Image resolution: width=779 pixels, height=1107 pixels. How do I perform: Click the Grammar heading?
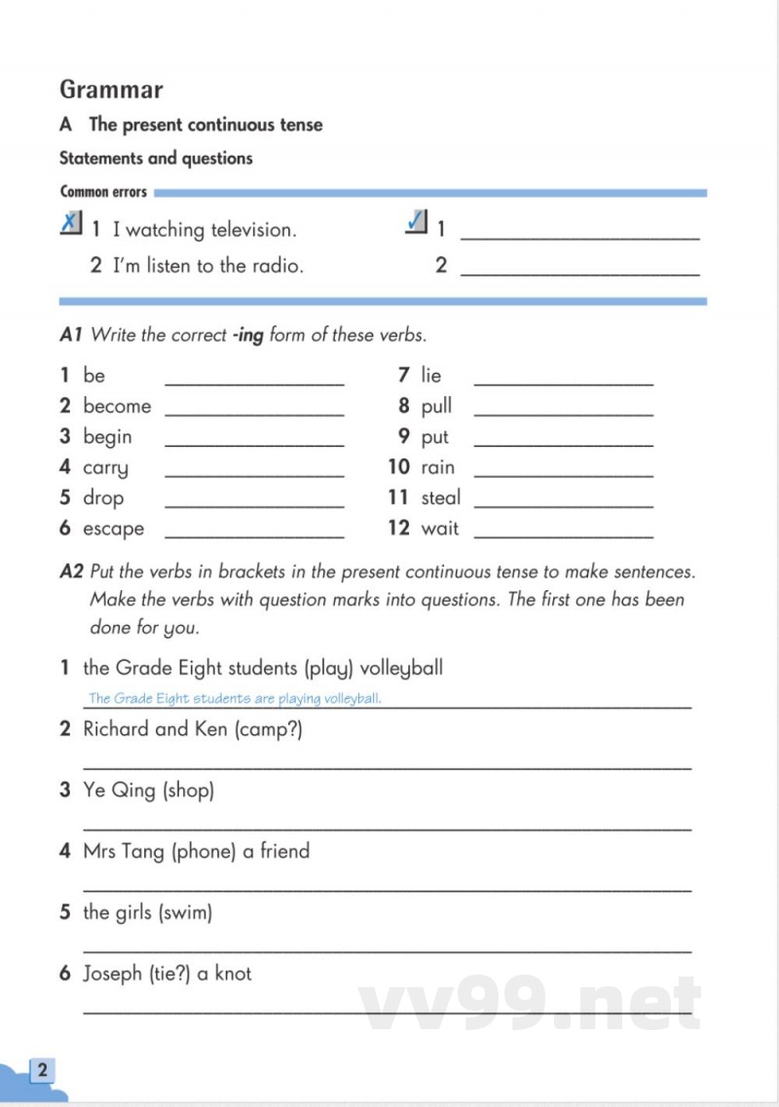point(111,90)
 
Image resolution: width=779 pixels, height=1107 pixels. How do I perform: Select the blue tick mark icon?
point(417,224)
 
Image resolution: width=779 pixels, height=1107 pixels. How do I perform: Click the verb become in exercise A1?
point(117,406)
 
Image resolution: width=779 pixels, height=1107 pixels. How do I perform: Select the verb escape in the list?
point(113,529)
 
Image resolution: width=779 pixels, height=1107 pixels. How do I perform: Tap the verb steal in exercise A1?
point(441,498)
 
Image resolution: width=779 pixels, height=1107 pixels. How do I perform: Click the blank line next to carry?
point(255,475)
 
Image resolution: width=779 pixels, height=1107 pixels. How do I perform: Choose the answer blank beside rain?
point(563,475)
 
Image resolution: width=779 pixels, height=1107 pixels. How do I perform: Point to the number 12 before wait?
point(398,529)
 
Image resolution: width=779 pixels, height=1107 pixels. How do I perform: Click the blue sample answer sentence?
point(235,698)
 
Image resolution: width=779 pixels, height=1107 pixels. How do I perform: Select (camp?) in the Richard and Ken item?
point(269,729)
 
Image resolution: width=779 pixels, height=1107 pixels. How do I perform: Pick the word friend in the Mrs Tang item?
point(284,851)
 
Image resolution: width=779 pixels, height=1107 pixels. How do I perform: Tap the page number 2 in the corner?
point(42,1071)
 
